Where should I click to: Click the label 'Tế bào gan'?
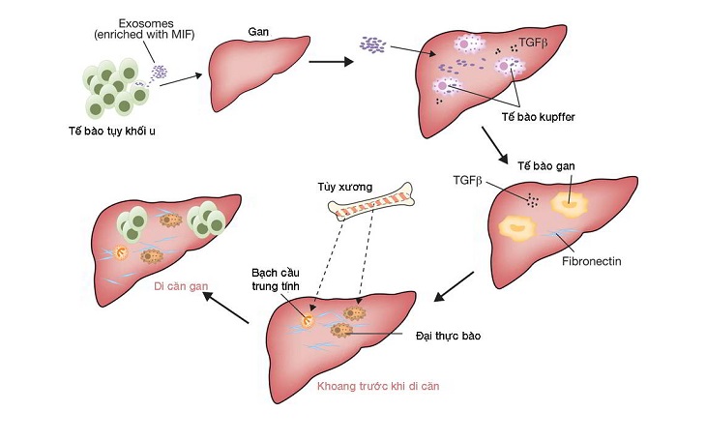(545, 166)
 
